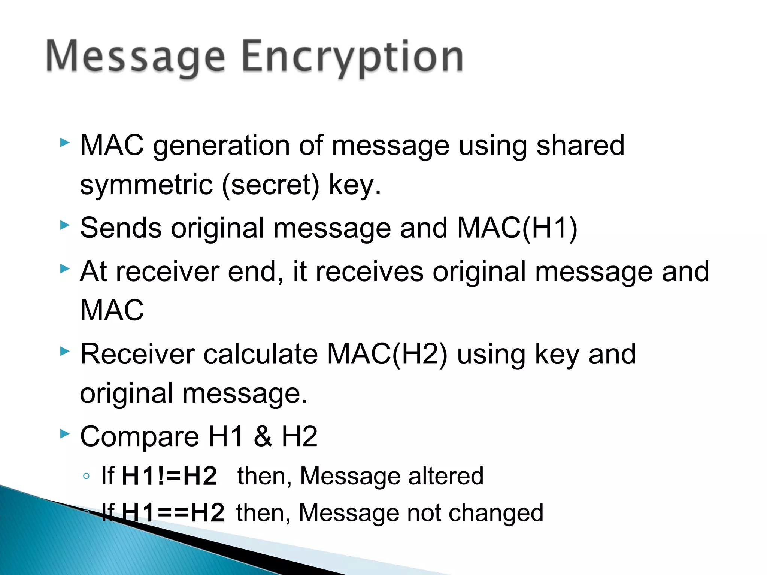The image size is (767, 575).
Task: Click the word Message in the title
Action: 135,57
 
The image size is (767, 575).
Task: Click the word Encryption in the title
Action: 352,57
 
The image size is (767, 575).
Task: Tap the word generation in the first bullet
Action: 221,146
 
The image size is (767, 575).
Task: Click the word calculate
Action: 260,354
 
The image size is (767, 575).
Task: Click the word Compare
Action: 139,436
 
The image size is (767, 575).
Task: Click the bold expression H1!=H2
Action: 169,476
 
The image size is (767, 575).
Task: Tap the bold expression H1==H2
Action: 173,513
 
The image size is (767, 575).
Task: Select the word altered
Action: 446,476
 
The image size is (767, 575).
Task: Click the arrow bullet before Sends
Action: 65,225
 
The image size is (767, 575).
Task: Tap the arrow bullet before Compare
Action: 65,434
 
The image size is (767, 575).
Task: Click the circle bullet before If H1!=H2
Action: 87,476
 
